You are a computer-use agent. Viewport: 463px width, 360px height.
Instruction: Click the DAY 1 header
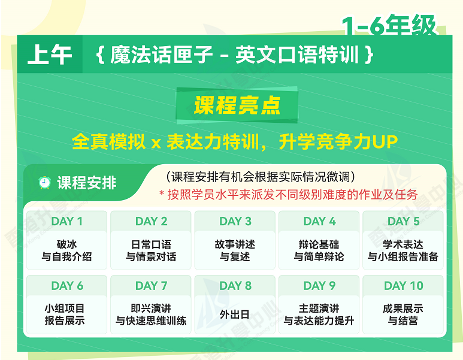point(66,221)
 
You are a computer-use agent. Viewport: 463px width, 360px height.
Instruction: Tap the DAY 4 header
point(319,221)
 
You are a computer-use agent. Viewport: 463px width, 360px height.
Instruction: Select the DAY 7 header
point(151,286)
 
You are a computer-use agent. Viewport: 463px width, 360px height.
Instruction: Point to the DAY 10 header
point(403,286)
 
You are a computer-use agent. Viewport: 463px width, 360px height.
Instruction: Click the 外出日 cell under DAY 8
point(235,314)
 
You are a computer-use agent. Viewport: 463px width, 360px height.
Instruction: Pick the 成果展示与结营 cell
point(403,314)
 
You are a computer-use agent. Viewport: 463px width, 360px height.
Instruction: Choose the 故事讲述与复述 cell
point(235,250)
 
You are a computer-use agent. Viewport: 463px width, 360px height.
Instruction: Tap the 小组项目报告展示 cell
point(66,314)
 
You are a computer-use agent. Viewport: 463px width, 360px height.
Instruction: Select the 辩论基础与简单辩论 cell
point(319,250)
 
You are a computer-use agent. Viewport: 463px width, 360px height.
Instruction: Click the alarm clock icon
point(44,183)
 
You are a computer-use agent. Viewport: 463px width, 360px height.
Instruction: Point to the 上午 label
point(50,55)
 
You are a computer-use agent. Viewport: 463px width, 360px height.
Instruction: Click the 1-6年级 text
point(389,25)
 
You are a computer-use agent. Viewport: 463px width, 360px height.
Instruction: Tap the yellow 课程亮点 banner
point(237,105)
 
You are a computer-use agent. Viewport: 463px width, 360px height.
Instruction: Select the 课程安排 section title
point(87,183)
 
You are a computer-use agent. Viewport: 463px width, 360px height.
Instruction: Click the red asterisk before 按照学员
point(162,193)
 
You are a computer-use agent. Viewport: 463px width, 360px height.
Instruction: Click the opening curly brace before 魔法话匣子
point(101,55)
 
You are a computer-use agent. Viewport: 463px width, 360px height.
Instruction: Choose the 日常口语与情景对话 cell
point(151,250)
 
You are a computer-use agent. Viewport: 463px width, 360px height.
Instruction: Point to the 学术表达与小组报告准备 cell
point(403,250)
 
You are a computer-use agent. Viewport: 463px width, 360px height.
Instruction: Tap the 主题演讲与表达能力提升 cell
point(319,314)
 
